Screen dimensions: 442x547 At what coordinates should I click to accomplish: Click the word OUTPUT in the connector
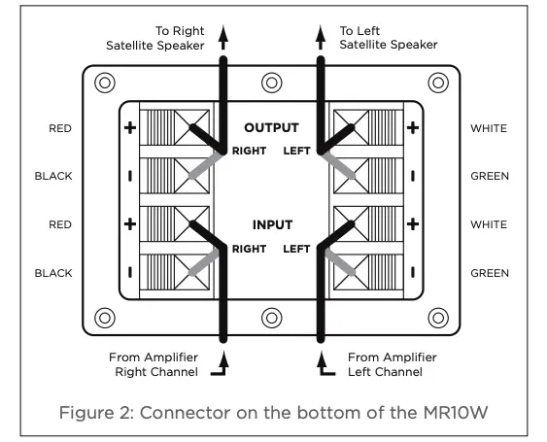click(271, 127)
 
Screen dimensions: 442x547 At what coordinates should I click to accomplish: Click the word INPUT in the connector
click(271, 224)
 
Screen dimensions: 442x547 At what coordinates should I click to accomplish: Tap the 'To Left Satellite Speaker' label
click(386, 38)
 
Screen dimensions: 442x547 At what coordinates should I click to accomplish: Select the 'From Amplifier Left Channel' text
click(391, 365)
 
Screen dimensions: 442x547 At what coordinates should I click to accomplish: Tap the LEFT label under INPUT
click(296, 249)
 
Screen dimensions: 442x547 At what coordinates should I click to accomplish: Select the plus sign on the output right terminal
click(131, 127)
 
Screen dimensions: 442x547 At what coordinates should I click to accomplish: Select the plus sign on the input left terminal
click(412, 224)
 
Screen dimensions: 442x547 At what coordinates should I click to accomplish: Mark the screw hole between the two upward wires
click(271, 83)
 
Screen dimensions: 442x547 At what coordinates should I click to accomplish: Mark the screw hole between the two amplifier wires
click(271, 317)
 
